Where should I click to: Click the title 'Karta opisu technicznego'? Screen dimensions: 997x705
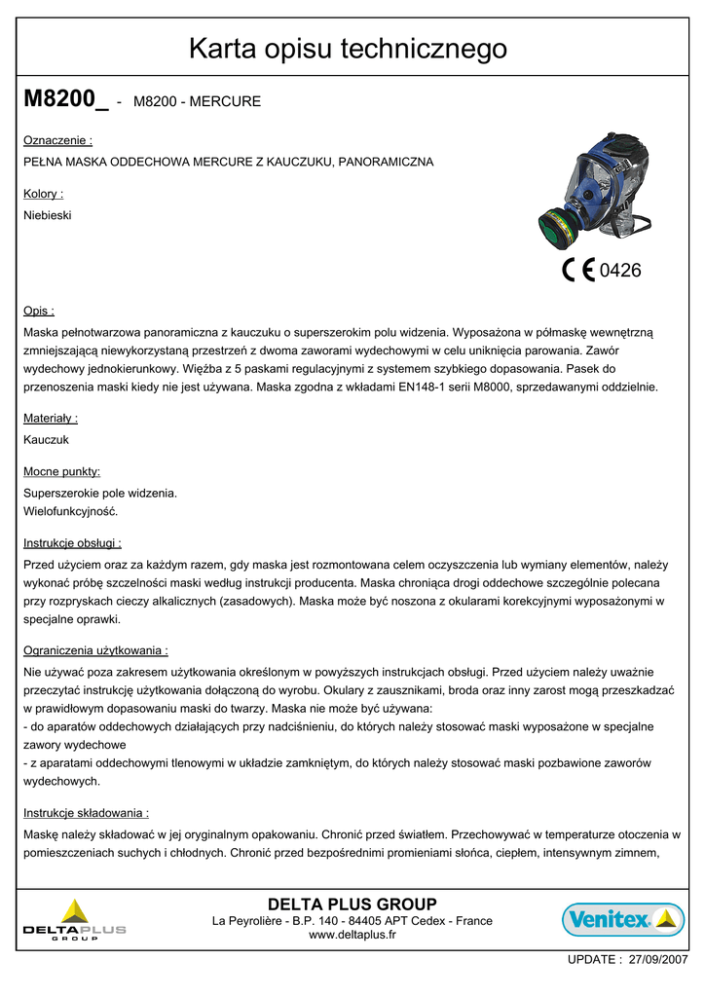[348, 48]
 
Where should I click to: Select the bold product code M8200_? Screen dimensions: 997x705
[65, 99]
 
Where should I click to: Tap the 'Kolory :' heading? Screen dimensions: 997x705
[43, 194]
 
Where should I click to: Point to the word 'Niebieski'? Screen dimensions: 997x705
[47, 215]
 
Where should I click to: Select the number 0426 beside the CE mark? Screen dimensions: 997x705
[620, 271]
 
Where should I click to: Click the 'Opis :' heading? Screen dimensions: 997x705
[39, 312]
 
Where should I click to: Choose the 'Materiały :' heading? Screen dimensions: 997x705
[51, 418]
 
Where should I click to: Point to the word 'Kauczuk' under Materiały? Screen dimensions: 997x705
[46, 439]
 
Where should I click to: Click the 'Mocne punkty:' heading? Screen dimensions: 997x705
[61, 471]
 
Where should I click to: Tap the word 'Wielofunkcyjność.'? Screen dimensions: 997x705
[71, 511]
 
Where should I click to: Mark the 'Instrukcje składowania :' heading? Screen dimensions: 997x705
[86, 812]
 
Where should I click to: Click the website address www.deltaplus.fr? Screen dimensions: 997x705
[352, 936]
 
